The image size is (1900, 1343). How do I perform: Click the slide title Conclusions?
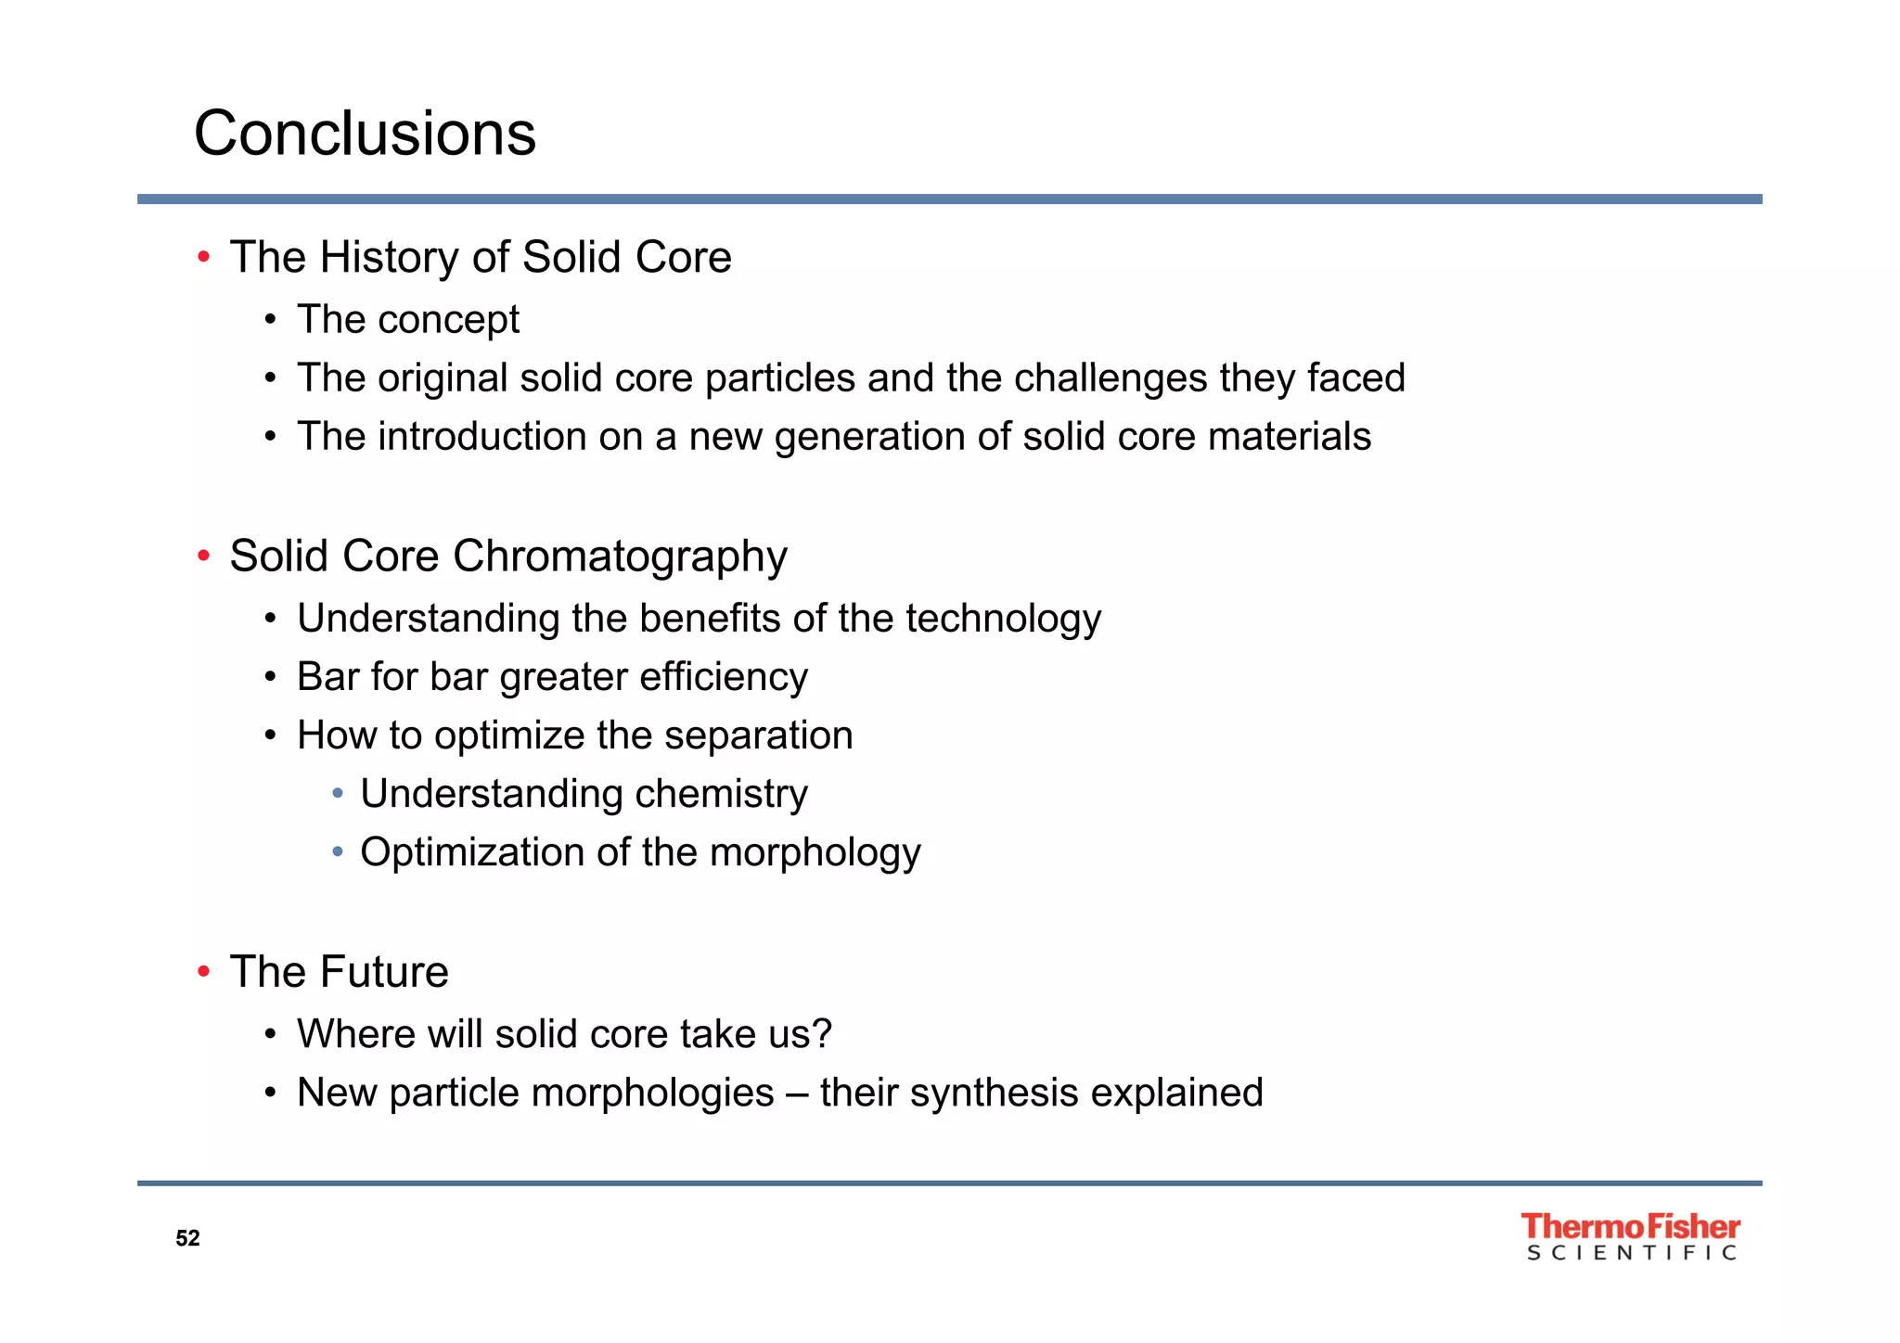click(x=365, y=134)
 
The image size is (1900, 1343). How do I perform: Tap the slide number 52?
click(x=187, y=1238)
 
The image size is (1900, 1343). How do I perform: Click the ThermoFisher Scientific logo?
click(x=1630, y=1236)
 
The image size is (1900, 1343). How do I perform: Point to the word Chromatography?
click(x=620, y=557)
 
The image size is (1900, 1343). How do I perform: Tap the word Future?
click(x=384, y=972)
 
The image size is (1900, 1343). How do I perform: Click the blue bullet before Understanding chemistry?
click(x=338, y=794)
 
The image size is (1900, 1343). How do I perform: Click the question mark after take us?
click(x=823, y=1034)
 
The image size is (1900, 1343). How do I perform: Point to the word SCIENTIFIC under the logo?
click(x=1631, y=1253)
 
